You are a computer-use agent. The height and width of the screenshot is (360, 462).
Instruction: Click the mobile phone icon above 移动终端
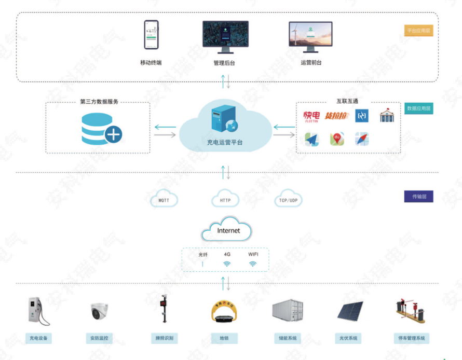pos(151,35)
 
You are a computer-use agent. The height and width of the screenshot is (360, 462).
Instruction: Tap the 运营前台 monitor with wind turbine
pos(310,35)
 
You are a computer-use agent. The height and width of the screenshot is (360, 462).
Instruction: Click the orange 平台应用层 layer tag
pos(418,31)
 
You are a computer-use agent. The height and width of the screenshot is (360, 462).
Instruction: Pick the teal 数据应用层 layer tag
pos(418,109)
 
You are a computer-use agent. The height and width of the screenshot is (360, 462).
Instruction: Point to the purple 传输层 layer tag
pos(418,197)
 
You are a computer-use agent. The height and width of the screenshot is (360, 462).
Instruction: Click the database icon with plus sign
pos(101,129)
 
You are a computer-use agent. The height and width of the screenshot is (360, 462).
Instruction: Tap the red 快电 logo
pos(312,115)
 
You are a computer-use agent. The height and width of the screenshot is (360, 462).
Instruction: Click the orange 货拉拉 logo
pos(336,115)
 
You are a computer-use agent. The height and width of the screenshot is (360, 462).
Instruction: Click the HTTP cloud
pos(225,200)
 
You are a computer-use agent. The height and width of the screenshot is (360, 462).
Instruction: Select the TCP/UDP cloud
pos(288,200)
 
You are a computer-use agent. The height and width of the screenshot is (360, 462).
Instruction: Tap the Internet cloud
pos(227,230)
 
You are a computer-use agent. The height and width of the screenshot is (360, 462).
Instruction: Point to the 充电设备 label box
pos(39,338)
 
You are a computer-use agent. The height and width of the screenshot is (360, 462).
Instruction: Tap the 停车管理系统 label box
pos(412,338)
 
